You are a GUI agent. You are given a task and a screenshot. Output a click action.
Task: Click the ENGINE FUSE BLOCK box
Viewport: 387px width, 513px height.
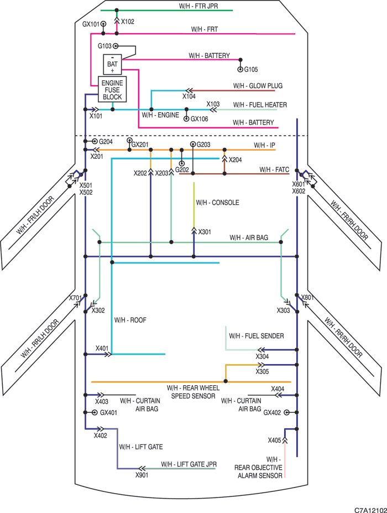pyautogui.click(x=112, y=89)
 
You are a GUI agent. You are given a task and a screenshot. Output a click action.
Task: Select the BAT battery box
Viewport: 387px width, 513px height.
pyautogui.click(x=112, y=64)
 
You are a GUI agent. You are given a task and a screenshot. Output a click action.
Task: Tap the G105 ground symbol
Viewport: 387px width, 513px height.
pyautogui.click(x=240, y=69)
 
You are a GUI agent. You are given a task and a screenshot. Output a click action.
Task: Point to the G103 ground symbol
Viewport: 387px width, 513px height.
pyautogui.click(x=115, y=46)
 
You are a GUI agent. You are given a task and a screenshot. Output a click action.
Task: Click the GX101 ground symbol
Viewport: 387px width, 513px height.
pyautogui.click(x=103, y=24)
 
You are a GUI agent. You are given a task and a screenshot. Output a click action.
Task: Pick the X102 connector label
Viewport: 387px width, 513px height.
pyautogui.click(x=128, y=22)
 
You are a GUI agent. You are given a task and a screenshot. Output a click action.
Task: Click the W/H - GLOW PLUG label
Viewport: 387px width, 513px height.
pyautogui.click(x=258, y=86)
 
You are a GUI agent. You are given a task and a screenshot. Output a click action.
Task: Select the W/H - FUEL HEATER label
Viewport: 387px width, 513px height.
pyautogui.click(x=260, y=105)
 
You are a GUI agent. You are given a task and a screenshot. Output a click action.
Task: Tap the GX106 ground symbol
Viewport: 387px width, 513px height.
pyautogui.click(x=186, y=119)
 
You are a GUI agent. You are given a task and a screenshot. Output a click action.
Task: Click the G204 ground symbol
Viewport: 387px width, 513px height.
pyautogui.click(x=95, y=141)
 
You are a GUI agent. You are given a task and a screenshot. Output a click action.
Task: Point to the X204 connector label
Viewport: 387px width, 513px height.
pyautogui.click(x=236, y=160)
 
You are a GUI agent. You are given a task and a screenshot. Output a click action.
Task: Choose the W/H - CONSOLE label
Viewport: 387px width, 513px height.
pyautogui.click(x=217, y=203)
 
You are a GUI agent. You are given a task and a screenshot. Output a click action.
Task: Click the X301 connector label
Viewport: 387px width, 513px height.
pyautogui.click(x=205, y=232)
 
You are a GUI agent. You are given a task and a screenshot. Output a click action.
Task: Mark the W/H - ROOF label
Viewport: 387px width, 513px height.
pyautogui.click(x=130, y=320)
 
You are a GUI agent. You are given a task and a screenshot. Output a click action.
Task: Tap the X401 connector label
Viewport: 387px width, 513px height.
pyautogui.click(x=102, y=348)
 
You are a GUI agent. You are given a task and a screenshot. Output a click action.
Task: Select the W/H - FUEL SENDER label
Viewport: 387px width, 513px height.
pyautogui.click(x=257, y=336)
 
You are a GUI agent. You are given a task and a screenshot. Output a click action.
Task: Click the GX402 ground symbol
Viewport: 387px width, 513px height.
pyautogui.click(x=286, y=413)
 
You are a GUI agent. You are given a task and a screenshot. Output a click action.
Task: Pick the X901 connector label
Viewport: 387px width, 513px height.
pyautogui.click(x=142, y=475)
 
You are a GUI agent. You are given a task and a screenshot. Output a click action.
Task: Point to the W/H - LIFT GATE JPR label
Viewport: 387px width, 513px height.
pyautogui.click(x=189, y=464)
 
